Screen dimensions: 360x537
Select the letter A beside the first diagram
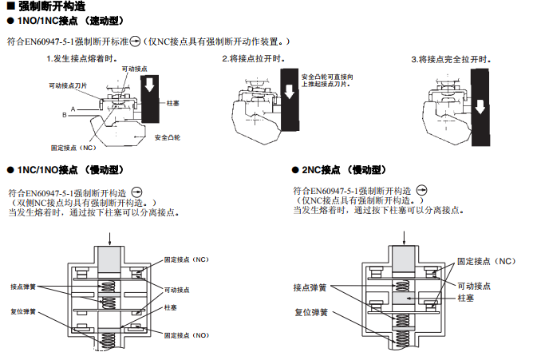click(x=73, y=108)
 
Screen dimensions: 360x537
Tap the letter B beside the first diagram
click(x=65, y=115)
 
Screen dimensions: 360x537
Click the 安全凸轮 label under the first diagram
click(x=167, y=137)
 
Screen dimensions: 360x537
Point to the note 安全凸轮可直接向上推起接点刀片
click(x=327, y=80)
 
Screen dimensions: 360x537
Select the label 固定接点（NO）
click(x=187, y=336)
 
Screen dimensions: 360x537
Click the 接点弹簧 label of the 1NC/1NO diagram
click(x=23, y=287)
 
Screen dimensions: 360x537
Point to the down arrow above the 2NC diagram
click(x=409, y=236)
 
